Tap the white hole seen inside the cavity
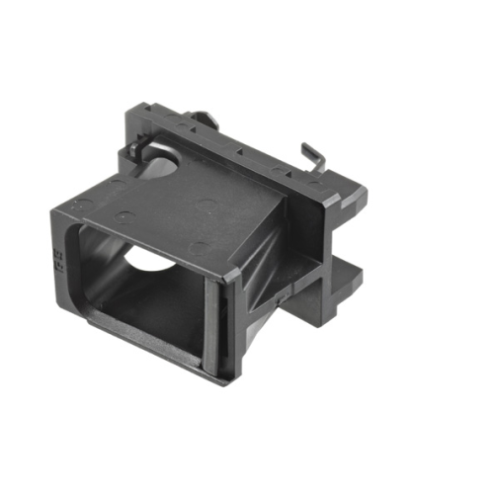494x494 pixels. (x=148, y=259)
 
